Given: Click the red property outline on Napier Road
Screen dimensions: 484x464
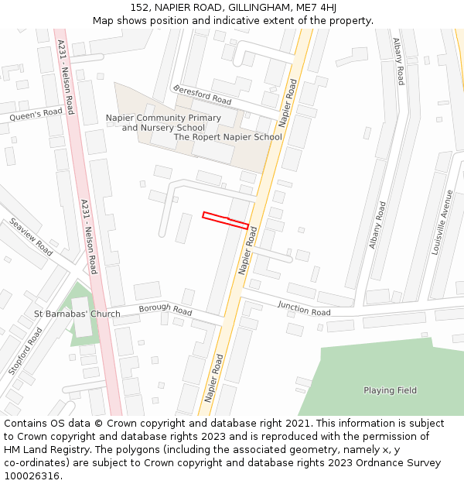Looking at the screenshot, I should (225, 220).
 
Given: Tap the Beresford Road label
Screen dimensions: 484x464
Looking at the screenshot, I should (203, 95).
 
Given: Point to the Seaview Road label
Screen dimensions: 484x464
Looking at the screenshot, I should (32, 237).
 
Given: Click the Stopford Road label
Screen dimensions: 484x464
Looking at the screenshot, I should (26, 351).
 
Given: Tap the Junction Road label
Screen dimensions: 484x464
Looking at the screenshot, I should (304, 309).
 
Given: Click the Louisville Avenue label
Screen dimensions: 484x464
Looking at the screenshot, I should (445, 223).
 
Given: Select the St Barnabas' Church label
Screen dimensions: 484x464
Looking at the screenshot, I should (77, 314).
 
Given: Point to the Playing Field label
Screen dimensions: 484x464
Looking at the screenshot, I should (391, 390).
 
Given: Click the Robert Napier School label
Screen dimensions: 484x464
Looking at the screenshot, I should (228, 137).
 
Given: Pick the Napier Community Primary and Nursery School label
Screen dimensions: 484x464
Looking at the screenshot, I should (163, 122).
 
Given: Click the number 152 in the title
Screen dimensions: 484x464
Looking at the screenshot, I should (139, 7).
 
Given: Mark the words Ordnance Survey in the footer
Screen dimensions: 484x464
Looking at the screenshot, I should (403, 463).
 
